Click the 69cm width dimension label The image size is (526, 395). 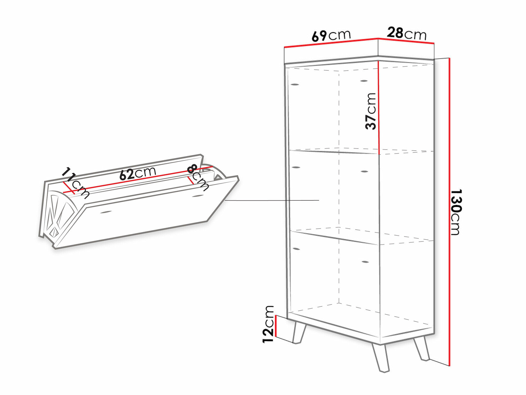331,36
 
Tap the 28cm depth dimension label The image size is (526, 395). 407,33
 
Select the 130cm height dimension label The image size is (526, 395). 456,212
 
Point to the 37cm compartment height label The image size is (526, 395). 371,111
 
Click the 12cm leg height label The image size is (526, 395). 269,324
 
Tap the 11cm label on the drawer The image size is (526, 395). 75,182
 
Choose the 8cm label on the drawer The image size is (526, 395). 198,177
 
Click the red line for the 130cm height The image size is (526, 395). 449,212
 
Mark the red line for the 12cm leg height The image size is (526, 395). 275,326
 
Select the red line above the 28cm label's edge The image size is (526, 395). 406,41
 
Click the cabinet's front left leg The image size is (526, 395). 299,332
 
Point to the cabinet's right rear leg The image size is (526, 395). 422,348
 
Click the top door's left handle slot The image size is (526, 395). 295,85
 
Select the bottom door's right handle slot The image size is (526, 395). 365,262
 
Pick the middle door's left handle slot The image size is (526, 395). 296,167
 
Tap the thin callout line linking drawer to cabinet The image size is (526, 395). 272,200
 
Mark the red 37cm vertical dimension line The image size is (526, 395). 379,107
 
